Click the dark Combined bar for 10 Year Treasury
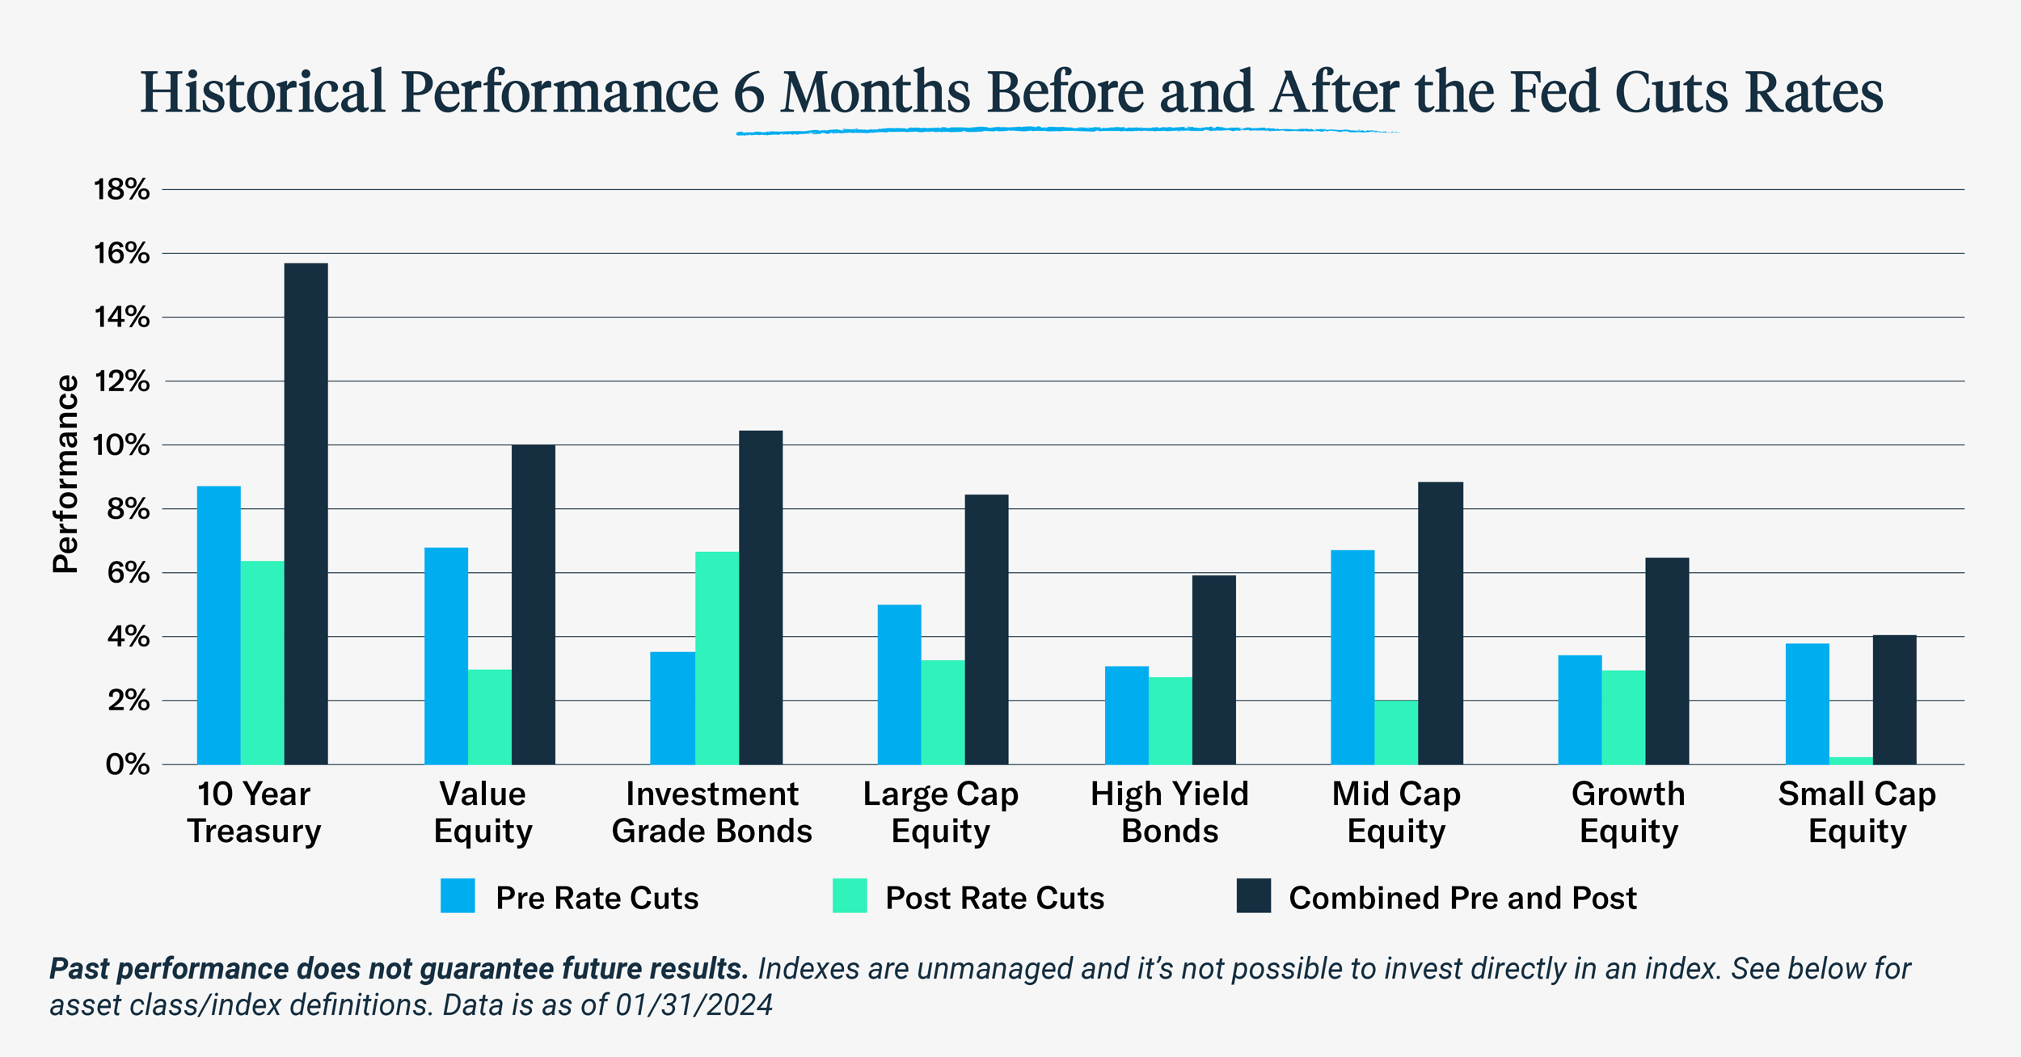(x=306, y=514)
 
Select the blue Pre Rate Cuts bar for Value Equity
(x=446, y=656)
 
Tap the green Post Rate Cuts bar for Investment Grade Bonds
(x=716, y=659)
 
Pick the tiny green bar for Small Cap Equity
(x=1850, y=760)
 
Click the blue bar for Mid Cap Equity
(x=1352, y=657)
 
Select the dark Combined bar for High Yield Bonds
(x=1213, y=670)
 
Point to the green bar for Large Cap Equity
(x=943, y=712)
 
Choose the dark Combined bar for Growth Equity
(x=1667, y=661)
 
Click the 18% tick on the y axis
(x=121, y=190)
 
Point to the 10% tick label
(x=121, y=445)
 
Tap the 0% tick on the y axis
(x=127, y=764)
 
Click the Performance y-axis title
(x=65, y=474)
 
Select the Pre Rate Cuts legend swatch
(x=458, y=895)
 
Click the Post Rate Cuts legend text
(x=994, y=898)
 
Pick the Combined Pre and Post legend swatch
(x=1253, y=895)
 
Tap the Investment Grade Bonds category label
(x=711, y=812)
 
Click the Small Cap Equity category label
(x=1857, y=812)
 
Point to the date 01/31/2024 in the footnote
(x=694, y=1004)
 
